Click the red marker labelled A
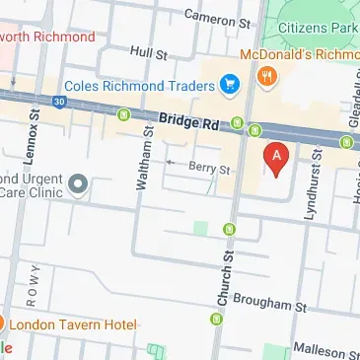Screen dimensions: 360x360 click(x=276, y=159)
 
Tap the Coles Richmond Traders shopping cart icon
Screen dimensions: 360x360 click(x=231, y=82)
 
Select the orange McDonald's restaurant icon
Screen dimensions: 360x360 click(x=264, y=75)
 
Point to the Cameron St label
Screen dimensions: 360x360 click(x=218, y=18)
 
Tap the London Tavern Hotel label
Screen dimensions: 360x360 click(x=74, y=324)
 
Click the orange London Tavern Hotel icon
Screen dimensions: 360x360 click(x=3, y=324)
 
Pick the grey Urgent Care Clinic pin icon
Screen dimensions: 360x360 click(x=78, y=184)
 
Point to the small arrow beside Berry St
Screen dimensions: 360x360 click(x=171, y=162)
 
